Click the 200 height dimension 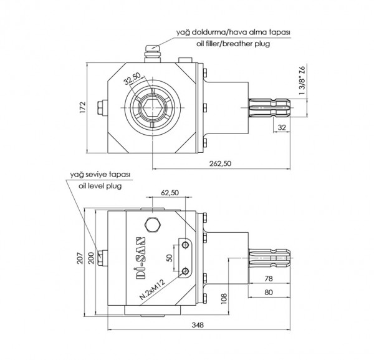[92, 257]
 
